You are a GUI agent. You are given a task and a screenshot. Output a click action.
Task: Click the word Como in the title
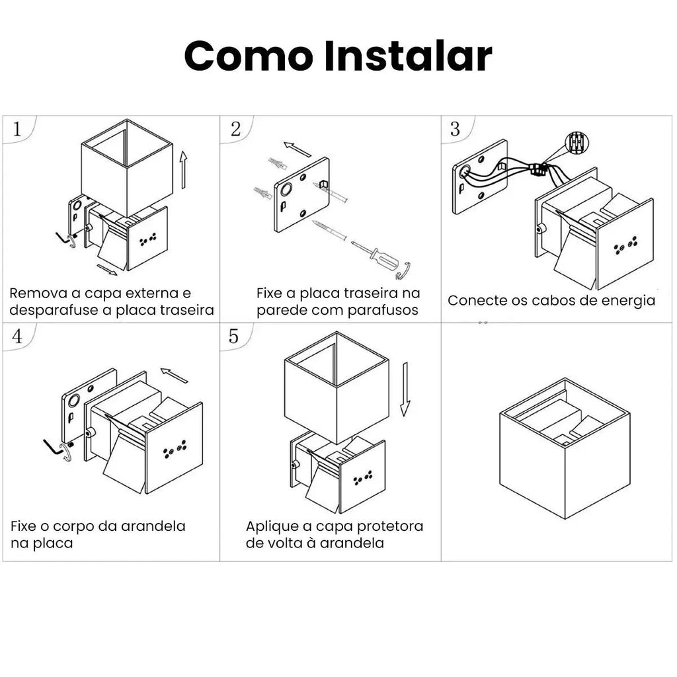click(249, 56)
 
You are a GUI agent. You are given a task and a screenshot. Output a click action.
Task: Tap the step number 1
click(17, 129)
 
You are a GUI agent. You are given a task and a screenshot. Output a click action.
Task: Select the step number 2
click(236, 129)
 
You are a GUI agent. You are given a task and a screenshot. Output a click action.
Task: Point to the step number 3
click(455, 129)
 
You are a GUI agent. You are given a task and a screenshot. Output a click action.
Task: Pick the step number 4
click(17, 336)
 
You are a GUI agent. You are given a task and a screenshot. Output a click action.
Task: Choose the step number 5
click(233, 336)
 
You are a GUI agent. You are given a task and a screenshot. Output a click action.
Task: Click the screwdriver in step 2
click(380, 260)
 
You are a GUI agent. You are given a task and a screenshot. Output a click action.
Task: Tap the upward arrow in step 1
click(184, 170)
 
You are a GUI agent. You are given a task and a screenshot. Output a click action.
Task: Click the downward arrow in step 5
click(405, 389)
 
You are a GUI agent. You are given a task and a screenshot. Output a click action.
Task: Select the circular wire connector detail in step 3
click(577, 143)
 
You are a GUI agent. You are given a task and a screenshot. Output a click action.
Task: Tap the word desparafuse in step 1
click(54, 311)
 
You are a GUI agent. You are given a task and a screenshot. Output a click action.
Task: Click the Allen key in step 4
click(54, 448)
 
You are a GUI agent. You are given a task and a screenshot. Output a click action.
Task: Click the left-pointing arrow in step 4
click(175, 376)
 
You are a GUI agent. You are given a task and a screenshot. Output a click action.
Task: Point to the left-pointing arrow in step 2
click(297, 149)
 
